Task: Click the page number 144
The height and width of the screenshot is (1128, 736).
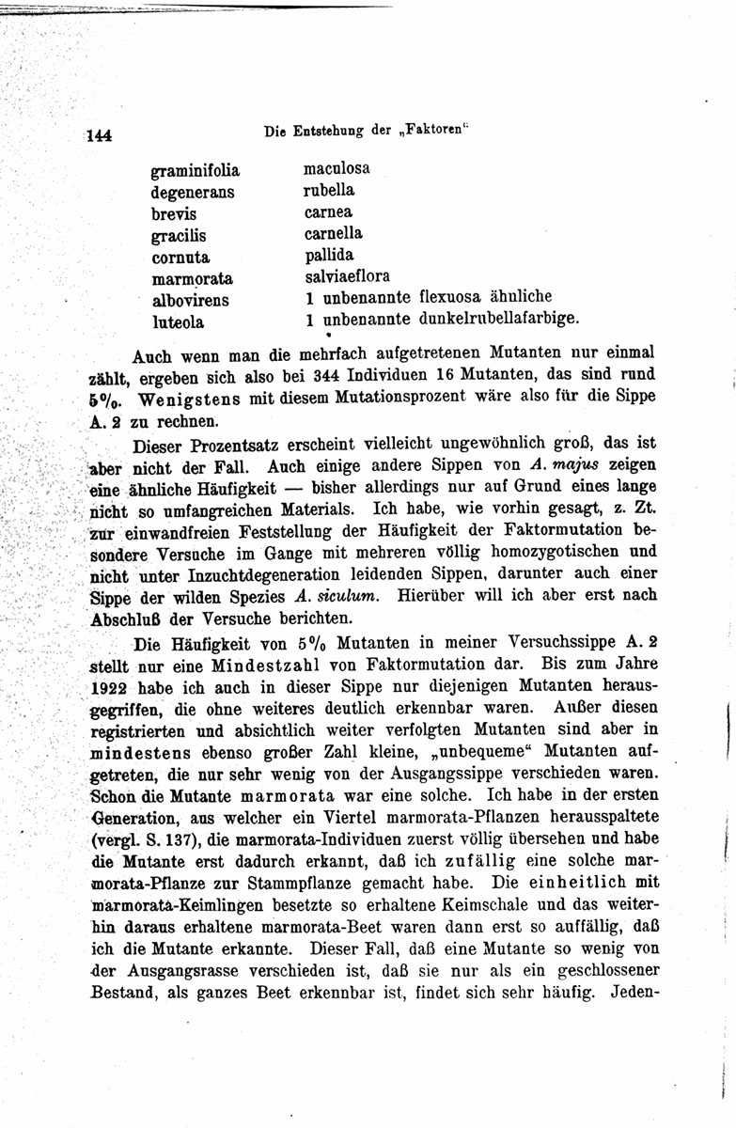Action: coord(99,134)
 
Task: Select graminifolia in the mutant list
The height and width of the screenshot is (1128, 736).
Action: coord(196,171)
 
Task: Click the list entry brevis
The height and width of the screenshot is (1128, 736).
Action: coord(174,214)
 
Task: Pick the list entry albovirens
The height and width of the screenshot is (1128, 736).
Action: coord(191,301)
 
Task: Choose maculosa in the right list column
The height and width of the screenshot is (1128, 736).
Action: coord(337,169)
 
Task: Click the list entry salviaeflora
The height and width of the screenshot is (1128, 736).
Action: coord(347,276)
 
